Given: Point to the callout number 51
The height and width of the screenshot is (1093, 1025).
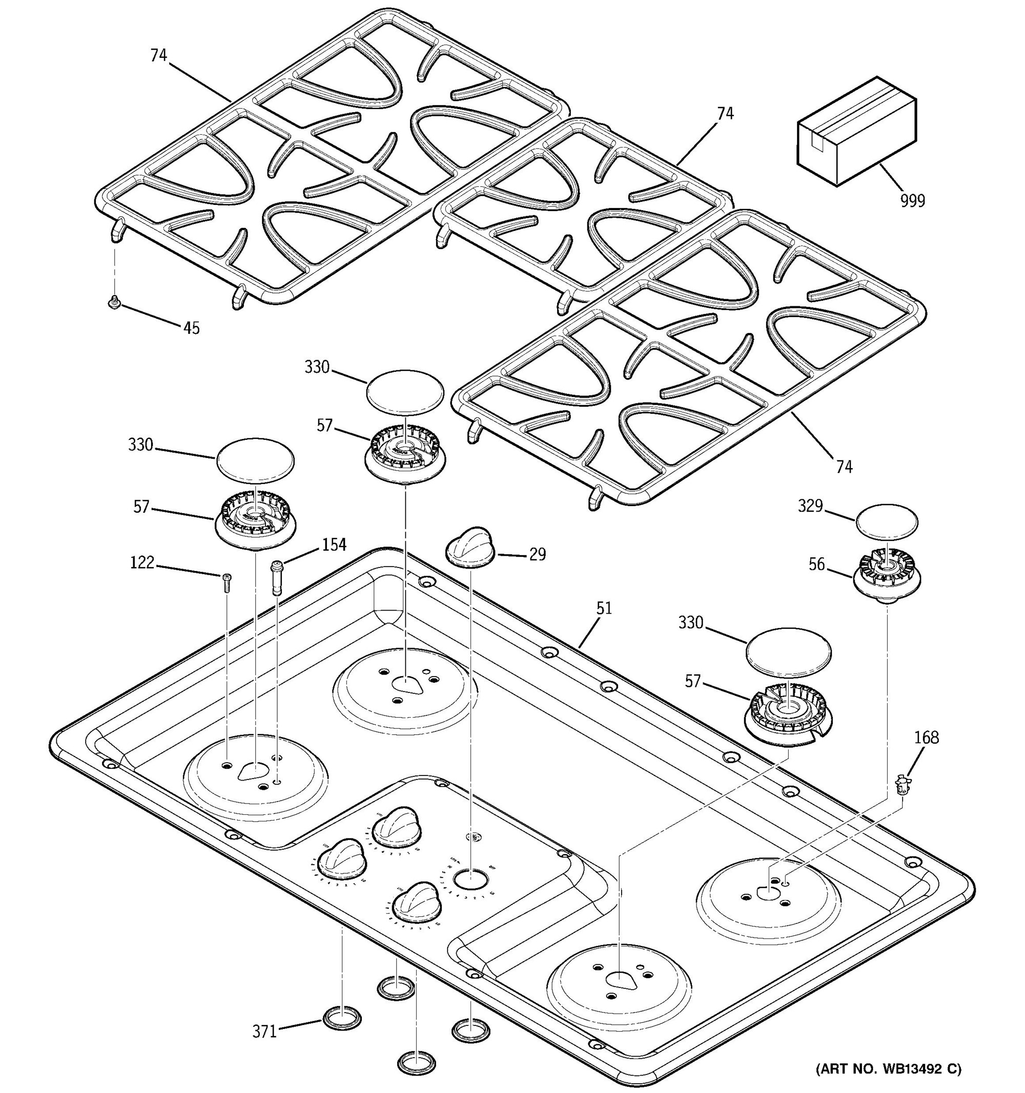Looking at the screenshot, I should (604, 608).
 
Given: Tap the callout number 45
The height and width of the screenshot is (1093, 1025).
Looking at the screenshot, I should (191, 328).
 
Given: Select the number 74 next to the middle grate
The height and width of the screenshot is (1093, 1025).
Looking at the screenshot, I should (725, 114).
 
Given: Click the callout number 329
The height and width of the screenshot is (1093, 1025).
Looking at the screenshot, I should (810, 506).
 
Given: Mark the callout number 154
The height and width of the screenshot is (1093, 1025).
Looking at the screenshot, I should (334, 545).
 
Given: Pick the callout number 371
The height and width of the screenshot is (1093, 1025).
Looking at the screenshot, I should (264, 1032).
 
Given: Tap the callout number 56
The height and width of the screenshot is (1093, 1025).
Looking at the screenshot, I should (816, 564).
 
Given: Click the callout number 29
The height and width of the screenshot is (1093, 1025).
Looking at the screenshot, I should (537, 554).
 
